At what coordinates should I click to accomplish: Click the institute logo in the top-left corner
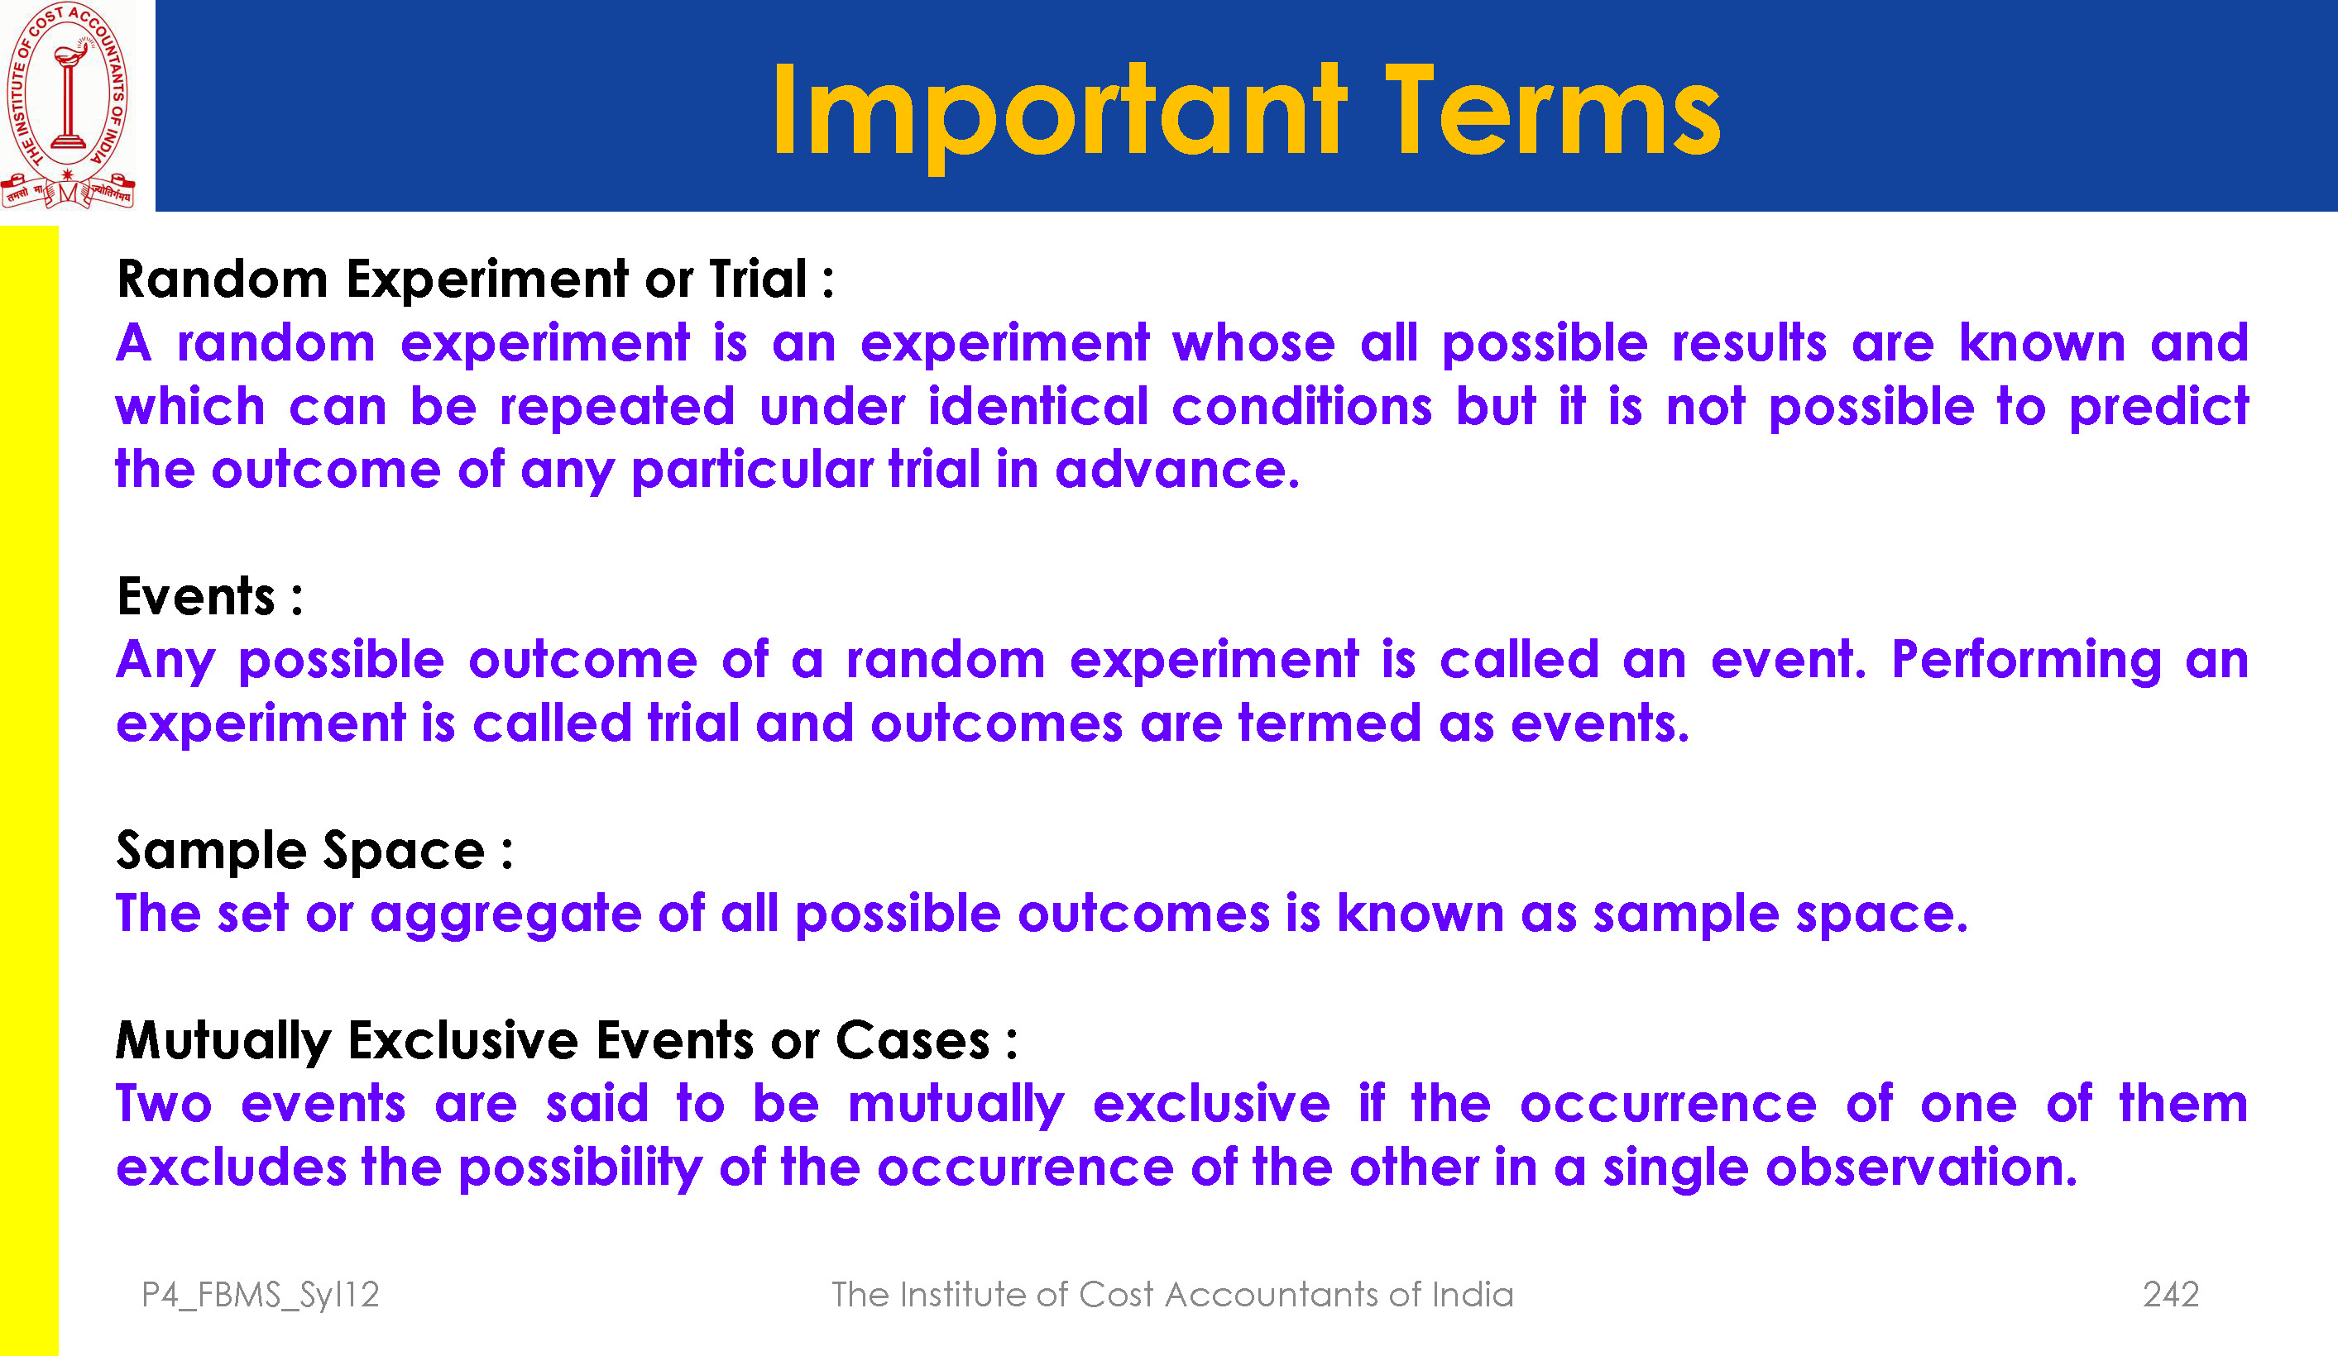coord(68,105)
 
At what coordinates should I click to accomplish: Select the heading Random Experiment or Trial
coord(475,279)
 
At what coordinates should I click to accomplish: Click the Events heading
coord(209,595)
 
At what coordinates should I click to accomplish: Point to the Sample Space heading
coord(314,852)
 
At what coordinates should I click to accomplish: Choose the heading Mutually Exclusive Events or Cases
coord(567,1042)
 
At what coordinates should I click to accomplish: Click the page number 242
coord(2171,1294)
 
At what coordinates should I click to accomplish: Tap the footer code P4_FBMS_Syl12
coord(261,1295)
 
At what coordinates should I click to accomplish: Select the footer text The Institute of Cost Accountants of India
coord(1171,1294)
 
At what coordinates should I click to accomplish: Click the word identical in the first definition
coord(1038,406)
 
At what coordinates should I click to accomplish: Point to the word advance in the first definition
coord(1177,470)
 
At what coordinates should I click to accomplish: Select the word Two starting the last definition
coord(164,1104)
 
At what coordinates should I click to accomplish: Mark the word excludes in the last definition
coord(231,1167)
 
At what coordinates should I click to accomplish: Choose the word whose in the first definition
coord(1253,343)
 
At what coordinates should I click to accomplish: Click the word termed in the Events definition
coord(1329,723)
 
